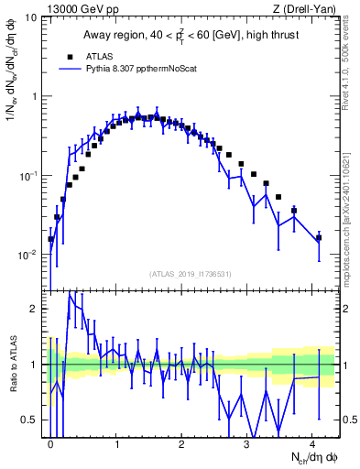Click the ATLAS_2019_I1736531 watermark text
[x=191, y=273]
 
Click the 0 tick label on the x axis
[x=51, y=444]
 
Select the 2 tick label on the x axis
[x=182, y=444]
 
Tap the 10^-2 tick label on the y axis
[x=28, y=255]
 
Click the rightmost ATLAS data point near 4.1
[x=319, y=237]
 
